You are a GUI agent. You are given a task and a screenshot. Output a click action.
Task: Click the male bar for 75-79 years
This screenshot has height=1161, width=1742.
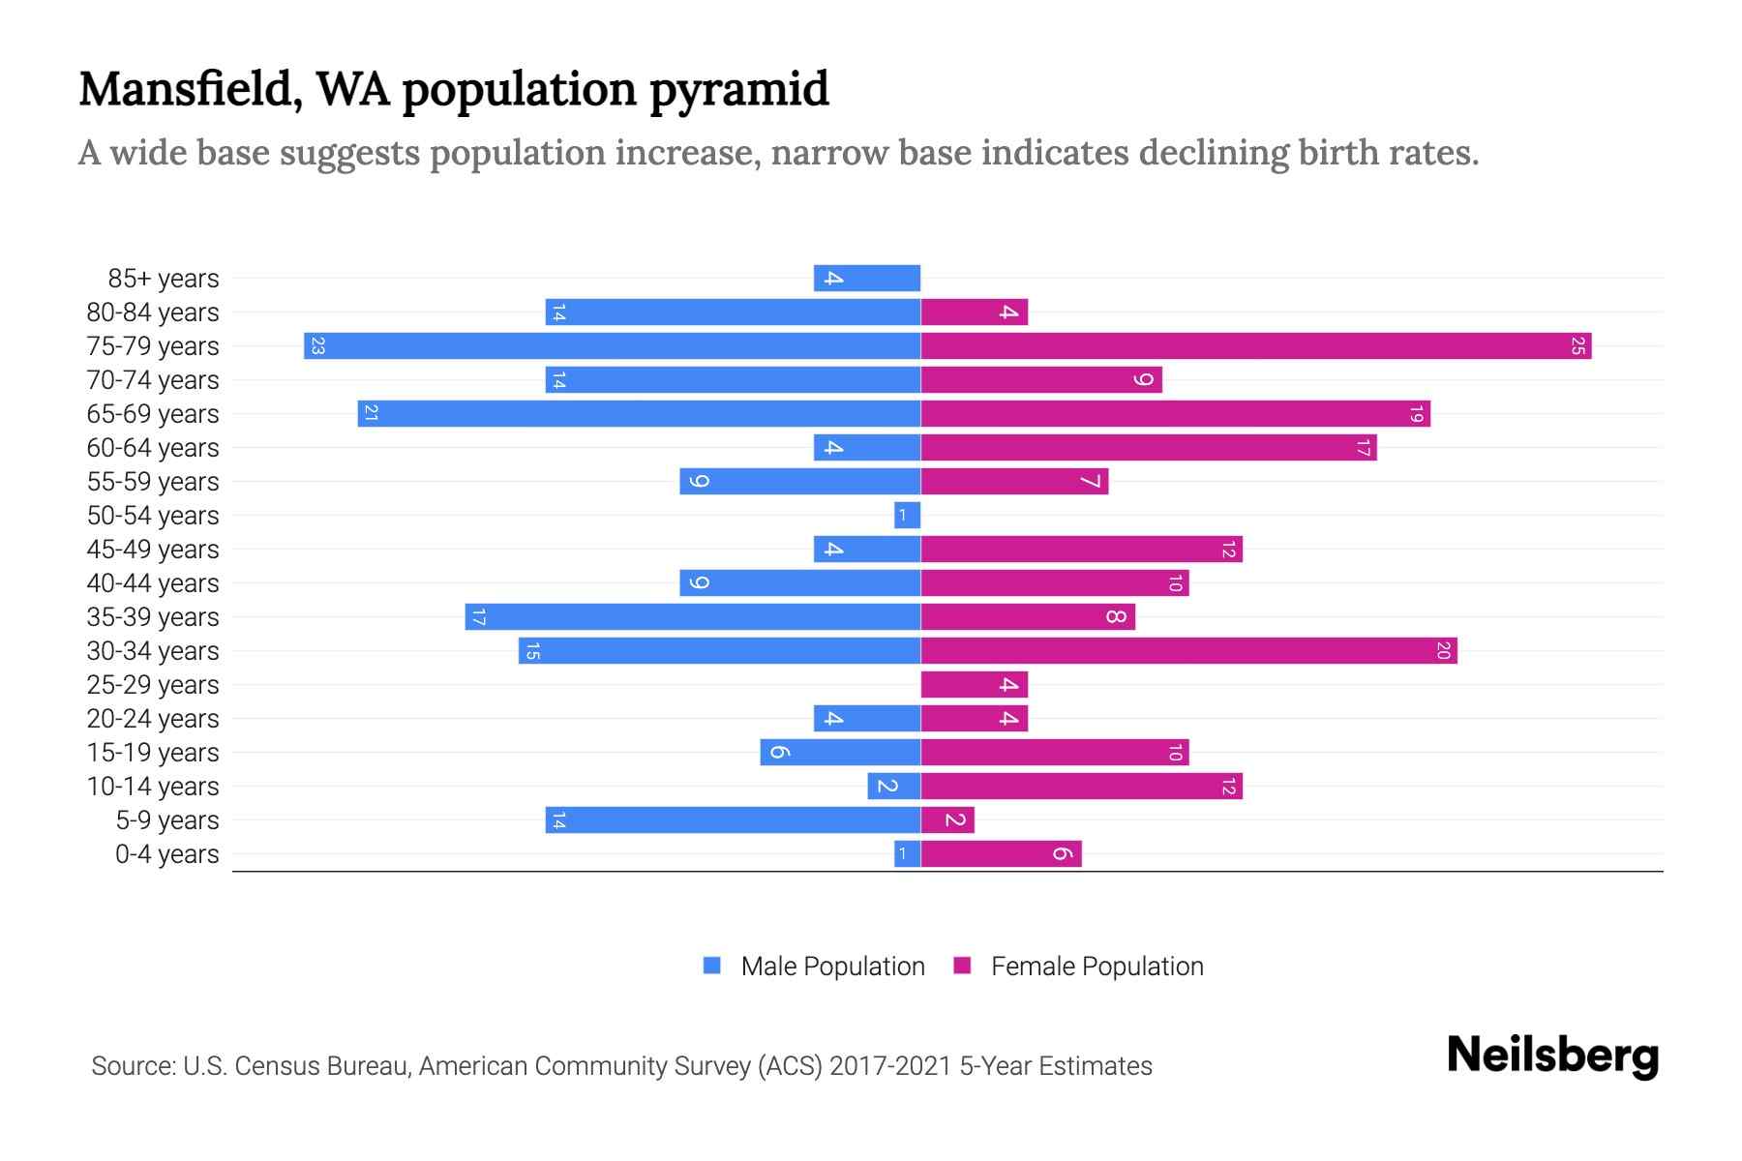612,345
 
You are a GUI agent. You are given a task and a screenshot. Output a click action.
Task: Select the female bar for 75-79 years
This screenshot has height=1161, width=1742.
1255,345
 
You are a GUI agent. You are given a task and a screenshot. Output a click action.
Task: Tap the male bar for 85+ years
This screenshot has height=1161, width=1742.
867,278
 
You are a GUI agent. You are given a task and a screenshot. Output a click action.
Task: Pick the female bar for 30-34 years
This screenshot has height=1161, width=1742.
1188,650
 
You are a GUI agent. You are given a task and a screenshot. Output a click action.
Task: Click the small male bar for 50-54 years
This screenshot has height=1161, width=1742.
907,515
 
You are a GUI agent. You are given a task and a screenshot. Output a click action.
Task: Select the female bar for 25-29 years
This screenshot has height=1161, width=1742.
974,684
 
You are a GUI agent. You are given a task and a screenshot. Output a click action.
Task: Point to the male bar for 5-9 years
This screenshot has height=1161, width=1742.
733,819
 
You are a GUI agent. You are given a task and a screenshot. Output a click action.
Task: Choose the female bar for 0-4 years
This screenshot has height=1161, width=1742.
1001,853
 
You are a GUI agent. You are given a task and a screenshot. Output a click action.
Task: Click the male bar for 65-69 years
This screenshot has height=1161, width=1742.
639,413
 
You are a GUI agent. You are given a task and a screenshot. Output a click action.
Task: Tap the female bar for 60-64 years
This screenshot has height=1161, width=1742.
1148,447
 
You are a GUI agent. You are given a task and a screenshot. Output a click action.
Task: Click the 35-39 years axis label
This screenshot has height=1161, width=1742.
153,616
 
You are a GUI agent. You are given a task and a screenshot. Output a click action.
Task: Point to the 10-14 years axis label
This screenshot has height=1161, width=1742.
153,786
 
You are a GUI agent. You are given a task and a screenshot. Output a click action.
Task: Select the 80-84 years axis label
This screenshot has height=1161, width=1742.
153,312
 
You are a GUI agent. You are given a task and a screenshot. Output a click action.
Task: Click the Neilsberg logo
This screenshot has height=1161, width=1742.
1552,1056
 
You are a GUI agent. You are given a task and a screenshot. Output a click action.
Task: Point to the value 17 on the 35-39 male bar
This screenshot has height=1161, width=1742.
478,617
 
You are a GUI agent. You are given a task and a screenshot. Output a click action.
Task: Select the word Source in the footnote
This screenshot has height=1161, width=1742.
133,1065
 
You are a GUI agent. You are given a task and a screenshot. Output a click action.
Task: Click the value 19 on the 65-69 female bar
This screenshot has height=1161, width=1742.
1416,414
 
